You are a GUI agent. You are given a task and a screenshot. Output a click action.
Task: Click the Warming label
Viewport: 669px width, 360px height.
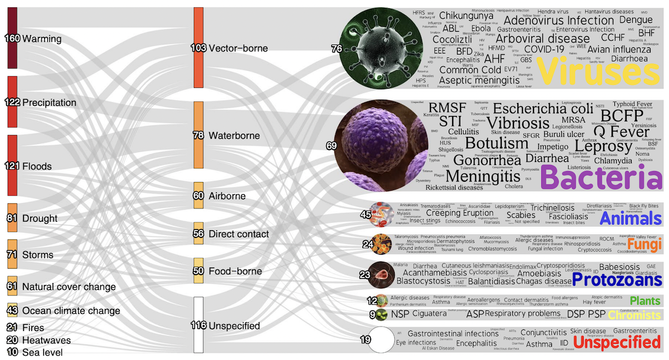(x=42, y=39)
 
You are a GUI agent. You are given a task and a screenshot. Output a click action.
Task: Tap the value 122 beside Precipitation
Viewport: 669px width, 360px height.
(x=12, y=103)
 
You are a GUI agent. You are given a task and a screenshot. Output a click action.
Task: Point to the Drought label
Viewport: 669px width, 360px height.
(x=40, y=218)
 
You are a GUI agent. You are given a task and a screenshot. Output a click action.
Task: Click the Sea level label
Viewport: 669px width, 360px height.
(x=42, y=352)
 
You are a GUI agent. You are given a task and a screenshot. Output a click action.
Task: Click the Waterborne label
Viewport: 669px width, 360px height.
(x=234, y=135)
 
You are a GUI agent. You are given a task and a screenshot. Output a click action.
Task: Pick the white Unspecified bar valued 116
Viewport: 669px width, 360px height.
(x=198, y=325)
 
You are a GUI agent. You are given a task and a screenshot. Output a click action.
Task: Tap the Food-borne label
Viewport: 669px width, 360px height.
(x=235, y=271)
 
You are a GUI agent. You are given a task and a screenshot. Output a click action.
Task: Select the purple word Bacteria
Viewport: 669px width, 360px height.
(x=601, y=178)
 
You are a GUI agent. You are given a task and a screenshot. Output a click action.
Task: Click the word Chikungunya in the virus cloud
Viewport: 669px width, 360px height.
(x=466, y=16)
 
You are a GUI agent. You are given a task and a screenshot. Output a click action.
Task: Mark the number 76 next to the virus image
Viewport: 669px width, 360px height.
(x=336, y=49)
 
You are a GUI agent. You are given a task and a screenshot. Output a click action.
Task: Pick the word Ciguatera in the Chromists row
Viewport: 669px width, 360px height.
(x=429, y=314)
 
